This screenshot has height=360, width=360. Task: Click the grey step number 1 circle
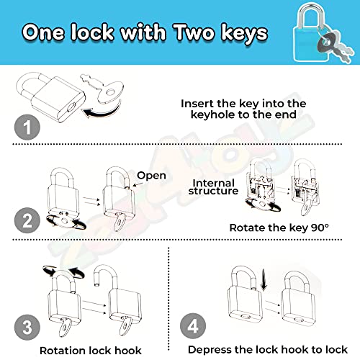27,127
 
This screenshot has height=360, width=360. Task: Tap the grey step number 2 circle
27,220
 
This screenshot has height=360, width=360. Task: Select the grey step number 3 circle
27,327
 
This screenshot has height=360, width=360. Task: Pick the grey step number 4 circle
193,326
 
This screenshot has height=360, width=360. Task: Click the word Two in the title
194,32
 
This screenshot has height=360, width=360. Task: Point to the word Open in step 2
151,176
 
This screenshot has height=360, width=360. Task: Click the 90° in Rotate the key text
320,228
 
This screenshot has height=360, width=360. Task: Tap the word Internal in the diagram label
213,183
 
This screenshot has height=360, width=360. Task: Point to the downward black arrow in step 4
264,279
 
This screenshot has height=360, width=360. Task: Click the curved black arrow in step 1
102,111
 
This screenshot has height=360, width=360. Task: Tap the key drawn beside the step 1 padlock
103,89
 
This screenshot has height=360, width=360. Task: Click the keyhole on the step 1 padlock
72,107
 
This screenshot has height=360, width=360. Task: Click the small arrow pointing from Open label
138,184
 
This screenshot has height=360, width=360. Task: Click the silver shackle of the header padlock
311,15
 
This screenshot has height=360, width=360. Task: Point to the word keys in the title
244,33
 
